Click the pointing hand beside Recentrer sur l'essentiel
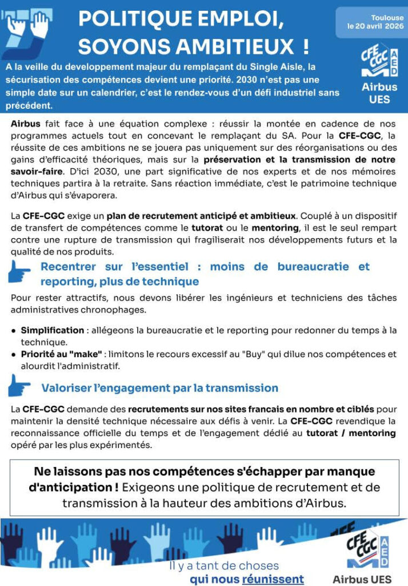(20, 274)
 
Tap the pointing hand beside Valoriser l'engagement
(20, 387)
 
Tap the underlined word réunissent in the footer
(273, 579)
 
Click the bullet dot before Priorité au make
(13, 355)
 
